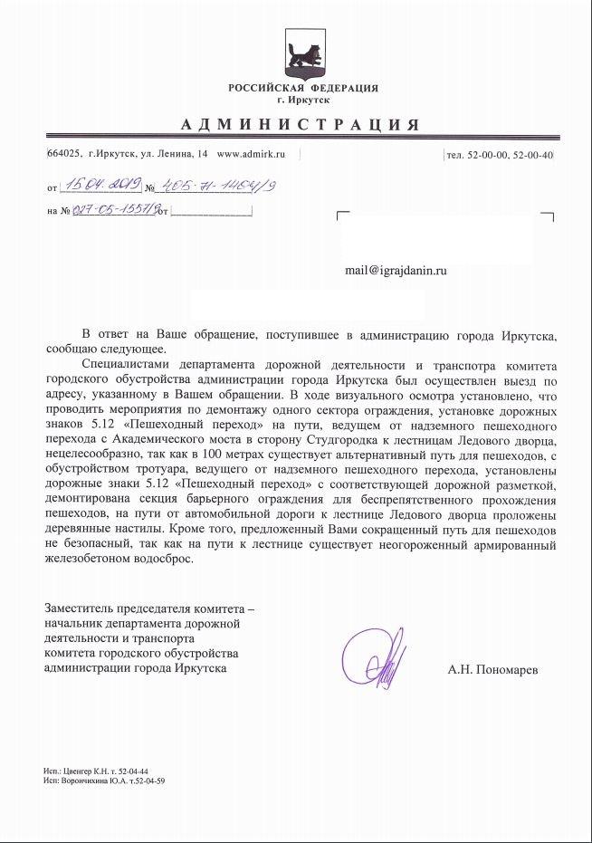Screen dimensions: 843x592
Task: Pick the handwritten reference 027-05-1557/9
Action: [x=115, y=212]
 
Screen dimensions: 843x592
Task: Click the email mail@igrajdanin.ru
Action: [x=396, y=270]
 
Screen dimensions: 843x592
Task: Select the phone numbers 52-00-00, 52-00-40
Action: [x=511, y=156]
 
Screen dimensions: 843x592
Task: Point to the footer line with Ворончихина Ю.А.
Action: [x=104, y=780]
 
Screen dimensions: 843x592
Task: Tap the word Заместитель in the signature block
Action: [x=80, y=608]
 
